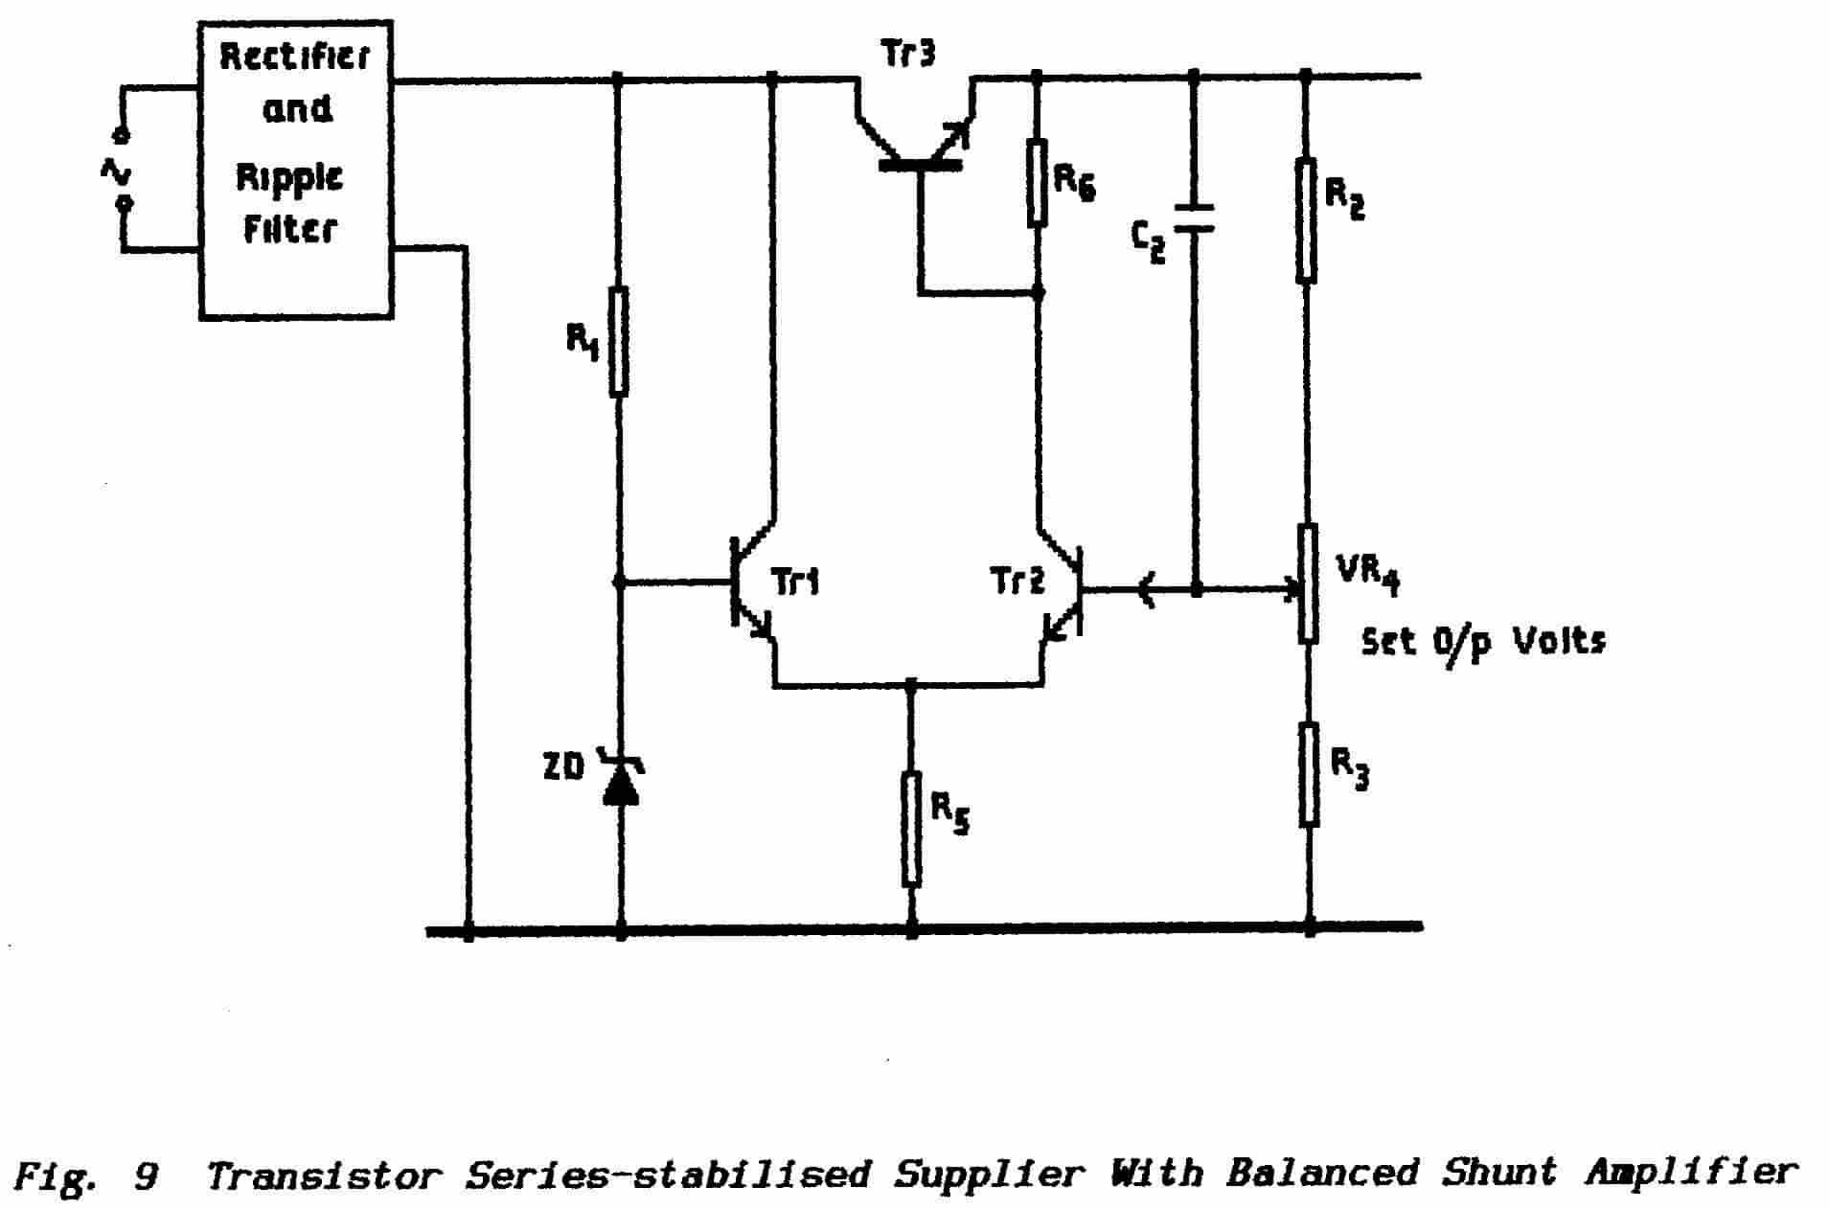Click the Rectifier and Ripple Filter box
295,170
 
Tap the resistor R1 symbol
619,341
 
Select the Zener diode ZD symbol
621,781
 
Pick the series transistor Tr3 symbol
918,144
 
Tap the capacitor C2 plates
1195,217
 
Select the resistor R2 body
1306,221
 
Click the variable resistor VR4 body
1308,582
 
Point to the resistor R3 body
1309,774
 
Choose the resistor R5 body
911,829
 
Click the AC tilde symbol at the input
117,172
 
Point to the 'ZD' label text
563,767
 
